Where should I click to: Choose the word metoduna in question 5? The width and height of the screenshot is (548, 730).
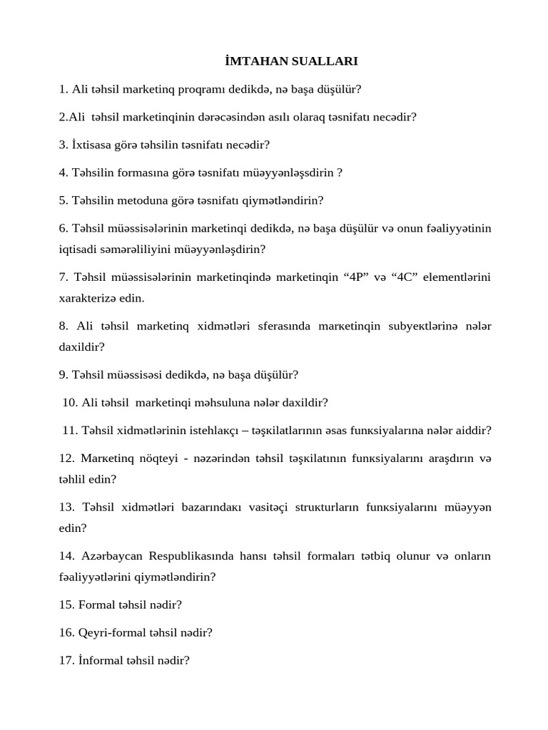pos(142,200)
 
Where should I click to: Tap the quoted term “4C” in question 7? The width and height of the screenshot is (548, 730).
pos(406,277)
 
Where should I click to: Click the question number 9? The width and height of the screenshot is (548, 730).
pos(64,374)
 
